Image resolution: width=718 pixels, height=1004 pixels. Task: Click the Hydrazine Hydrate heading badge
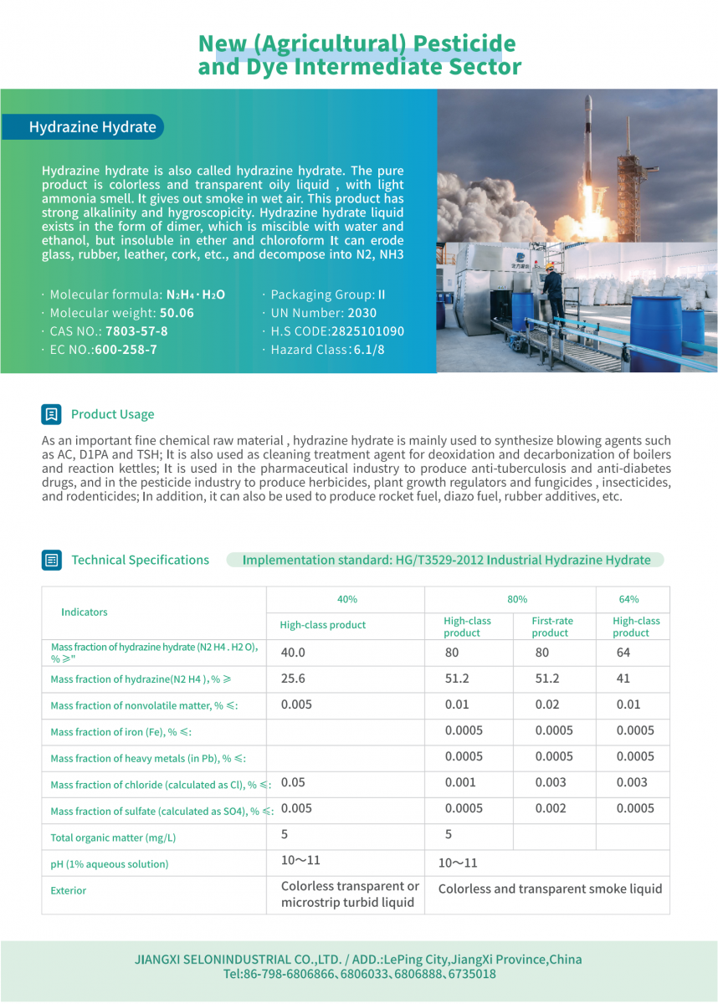click(92, 127)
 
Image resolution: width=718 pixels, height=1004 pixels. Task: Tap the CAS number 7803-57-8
click(136, 331)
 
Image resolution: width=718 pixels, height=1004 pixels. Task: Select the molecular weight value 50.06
click(177, 313)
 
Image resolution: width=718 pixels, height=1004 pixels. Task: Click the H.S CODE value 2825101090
click(367, 331)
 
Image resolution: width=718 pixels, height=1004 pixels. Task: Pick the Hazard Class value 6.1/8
click(367, 350)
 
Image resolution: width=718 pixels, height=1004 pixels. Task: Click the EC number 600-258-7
click(126, 350)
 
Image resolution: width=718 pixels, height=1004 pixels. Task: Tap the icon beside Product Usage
click(52, 414)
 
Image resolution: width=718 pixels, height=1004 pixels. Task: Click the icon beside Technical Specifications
click(52, 560)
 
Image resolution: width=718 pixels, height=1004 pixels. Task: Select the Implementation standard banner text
click(446, 560)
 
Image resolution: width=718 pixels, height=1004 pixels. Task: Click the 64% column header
click(628, 599)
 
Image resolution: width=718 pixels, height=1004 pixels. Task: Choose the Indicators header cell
click(85, 612)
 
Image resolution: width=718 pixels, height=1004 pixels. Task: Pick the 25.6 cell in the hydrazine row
click(293, 679)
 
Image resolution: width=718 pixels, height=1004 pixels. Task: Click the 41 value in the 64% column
click(623, 679)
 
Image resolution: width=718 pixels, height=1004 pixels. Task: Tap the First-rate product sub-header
click(552, 627)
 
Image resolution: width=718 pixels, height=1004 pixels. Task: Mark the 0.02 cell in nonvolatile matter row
click(547, 704)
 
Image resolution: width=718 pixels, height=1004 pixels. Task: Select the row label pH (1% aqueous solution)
click(110, 864)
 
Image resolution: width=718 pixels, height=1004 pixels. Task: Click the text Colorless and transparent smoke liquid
click(550, 889)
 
